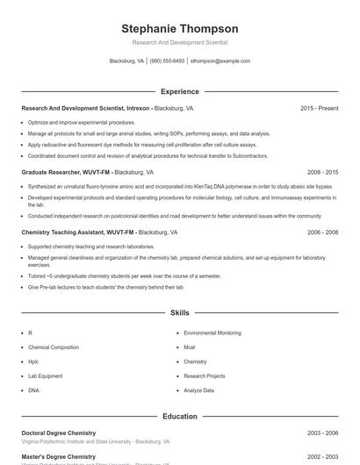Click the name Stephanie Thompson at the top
[179, 29]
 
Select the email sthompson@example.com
[220, 61]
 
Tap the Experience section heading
[179, 91]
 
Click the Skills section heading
[179, 312]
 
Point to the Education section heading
[179, 417]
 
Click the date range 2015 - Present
[319, 108]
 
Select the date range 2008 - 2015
[322, 173]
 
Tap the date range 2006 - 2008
[322, 232]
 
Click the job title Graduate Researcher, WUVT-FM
[66, 173]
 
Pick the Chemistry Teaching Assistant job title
[78, 232]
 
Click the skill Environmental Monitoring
[212, 333]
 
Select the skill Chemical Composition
[53, 347]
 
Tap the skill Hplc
[33, 361]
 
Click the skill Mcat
[190, 347]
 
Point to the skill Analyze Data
[198, 390]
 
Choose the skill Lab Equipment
[45, 376]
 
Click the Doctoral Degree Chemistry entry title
[58, 433]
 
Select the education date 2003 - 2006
[322, 433]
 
